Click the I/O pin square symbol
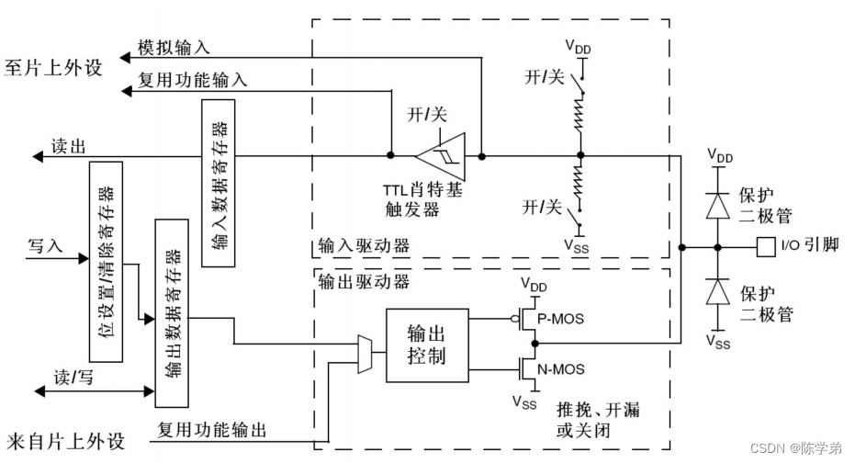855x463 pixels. pos(766,247)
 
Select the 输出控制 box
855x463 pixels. pos(427,345)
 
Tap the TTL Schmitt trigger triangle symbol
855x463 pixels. pos(441,156)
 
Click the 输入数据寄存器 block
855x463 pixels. pos(219,183)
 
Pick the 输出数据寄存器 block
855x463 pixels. pos(172,313)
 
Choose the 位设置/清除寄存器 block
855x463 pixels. pos(106,261)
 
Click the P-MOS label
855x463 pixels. pos(560,319)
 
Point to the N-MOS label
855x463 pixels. pos(561,369)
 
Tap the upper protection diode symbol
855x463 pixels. pos(717,206)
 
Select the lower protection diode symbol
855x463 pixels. pos(717,291)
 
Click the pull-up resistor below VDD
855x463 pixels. pos(579,115)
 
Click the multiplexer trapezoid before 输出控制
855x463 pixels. pos(365,354)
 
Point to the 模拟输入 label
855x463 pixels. pos(174,48)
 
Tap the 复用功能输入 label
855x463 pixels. pos(193,80)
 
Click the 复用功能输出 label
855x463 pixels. pos(212,430)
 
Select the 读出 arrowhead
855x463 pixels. pos(38,157)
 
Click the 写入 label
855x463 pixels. pos(45,245)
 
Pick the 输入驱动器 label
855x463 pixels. pos(364,245)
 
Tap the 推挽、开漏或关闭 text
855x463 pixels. pos(598,420)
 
